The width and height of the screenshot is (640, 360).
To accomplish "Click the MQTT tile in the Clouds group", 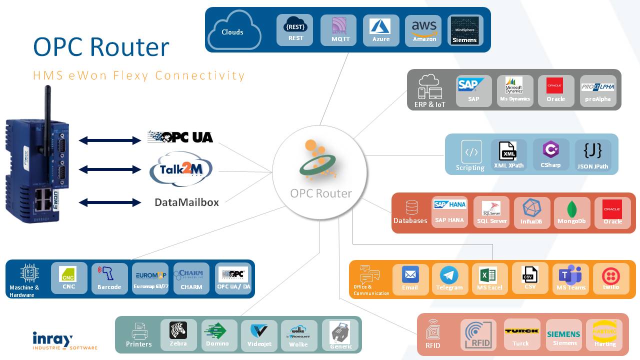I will tap(338, 30).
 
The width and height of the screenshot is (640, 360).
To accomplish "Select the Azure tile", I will tap(381, 30).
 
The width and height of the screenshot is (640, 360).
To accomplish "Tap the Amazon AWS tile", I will tap(424, 30).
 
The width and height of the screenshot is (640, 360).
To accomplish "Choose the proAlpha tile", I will tap(597, 90).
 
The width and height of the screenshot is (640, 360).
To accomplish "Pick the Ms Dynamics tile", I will tap(515, 90).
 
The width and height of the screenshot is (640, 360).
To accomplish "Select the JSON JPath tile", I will tap(592, 154).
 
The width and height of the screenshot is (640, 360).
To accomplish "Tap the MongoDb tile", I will tap(571, 212).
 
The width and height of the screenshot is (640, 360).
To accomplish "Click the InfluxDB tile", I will tap(531, 212).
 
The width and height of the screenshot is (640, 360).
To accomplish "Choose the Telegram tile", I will tap(449, 278).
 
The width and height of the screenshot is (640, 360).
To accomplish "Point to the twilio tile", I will tap(610, 278).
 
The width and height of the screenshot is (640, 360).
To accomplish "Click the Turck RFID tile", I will tap(521, 334).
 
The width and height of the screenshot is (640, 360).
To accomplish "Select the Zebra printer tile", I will tap(178, 334).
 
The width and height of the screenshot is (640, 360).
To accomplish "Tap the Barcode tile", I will tap(109, 278).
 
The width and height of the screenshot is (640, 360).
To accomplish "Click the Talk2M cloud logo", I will tap(181, 169).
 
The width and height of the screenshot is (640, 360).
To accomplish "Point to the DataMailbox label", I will tap(186, 202).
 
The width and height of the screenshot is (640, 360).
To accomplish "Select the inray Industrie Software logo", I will tap(64, 341).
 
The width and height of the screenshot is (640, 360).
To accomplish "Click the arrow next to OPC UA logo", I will tap(110, 141).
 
